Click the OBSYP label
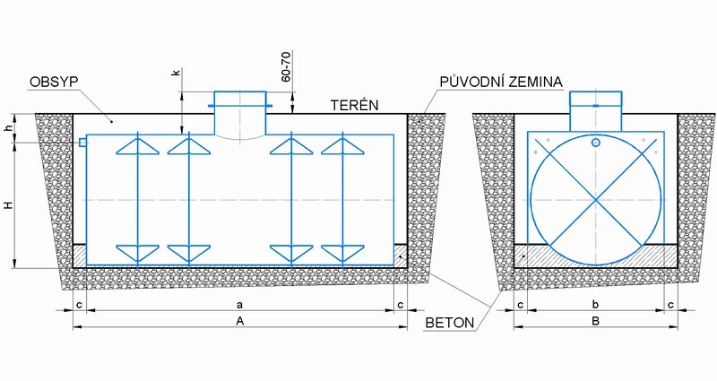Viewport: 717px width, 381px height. point(54,82)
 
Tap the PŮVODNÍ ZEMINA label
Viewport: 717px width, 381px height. point(501,82)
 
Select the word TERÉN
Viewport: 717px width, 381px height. point(355,105)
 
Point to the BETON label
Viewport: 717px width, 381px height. point(450,323)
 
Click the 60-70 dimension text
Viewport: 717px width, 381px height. point(286,66)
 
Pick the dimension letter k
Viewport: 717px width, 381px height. point(177,73)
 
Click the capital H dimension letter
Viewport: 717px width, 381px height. point(9,205)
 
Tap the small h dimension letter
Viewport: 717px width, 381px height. point(9,129)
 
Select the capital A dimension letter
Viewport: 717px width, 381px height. point(240,321)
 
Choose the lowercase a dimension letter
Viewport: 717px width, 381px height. point(240,305)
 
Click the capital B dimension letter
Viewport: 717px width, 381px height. point(595,321)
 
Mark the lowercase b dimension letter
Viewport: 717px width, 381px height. point(595,304)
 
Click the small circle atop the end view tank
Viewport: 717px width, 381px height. point(595,143)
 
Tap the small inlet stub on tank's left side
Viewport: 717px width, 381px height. point(82,143)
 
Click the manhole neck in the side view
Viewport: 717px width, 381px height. point(239,113)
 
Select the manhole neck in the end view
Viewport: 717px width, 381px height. point(595,111)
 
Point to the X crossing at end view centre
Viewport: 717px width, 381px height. point(595,200)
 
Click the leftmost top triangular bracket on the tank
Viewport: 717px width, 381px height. point(138,146)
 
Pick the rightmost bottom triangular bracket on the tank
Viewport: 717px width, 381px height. point(342,254)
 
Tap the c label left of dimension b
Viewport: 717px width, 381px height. point(521,305)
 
